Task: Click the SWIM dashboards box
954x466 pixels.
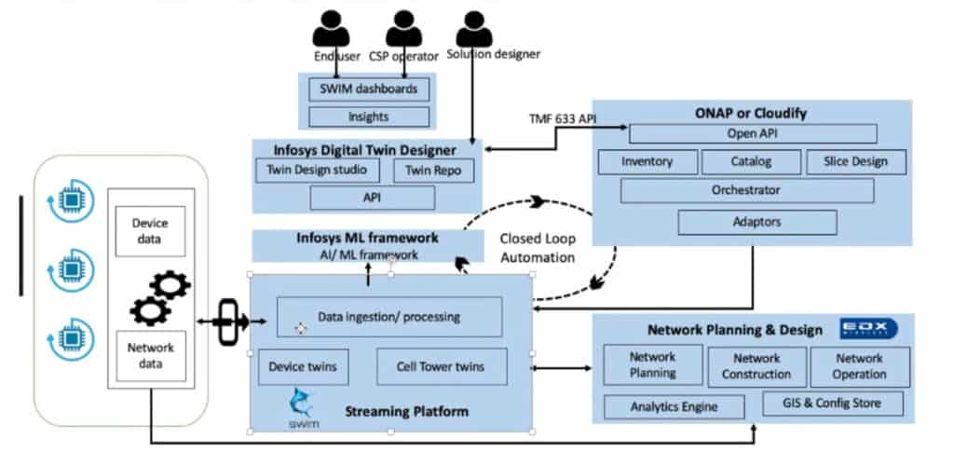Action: pyautogui.click(x=369, y=89)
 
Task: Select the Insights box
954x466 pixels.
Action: pyautogui.click(x=369, y=116)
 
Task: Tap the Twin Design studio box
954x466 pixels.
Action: pyautogui.click(x=318, y=171)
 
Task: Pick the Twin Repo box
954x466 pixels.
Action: pyautogui.click(x=433, y=171)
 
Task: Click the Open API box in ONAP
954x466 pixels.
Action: pyautogui.click(x=753, y=133)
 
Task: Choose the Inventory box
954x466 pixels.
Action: pyautogui.click(x=647, y=161)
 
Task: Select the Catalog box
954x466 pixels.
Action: pyautogui.click(x=750, y=161)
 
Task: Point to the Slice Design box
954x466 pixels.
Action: pyautogui.click(x=854, y=161)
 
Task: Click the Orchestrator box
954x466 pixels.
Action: pyautogui.click(x=746, y=190)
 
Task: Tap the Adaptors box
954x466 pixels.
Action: pyautogui.click(x=756, y=222)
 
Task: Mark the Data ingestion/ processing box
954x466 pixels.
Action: pyautogui.click(x=389, y=317)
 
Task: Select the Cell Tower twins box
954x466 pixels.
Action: pyautogui.click(x=443, y=367)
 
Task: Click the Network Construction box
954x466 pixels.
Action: pyautogui.click(x=756, y=366)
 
